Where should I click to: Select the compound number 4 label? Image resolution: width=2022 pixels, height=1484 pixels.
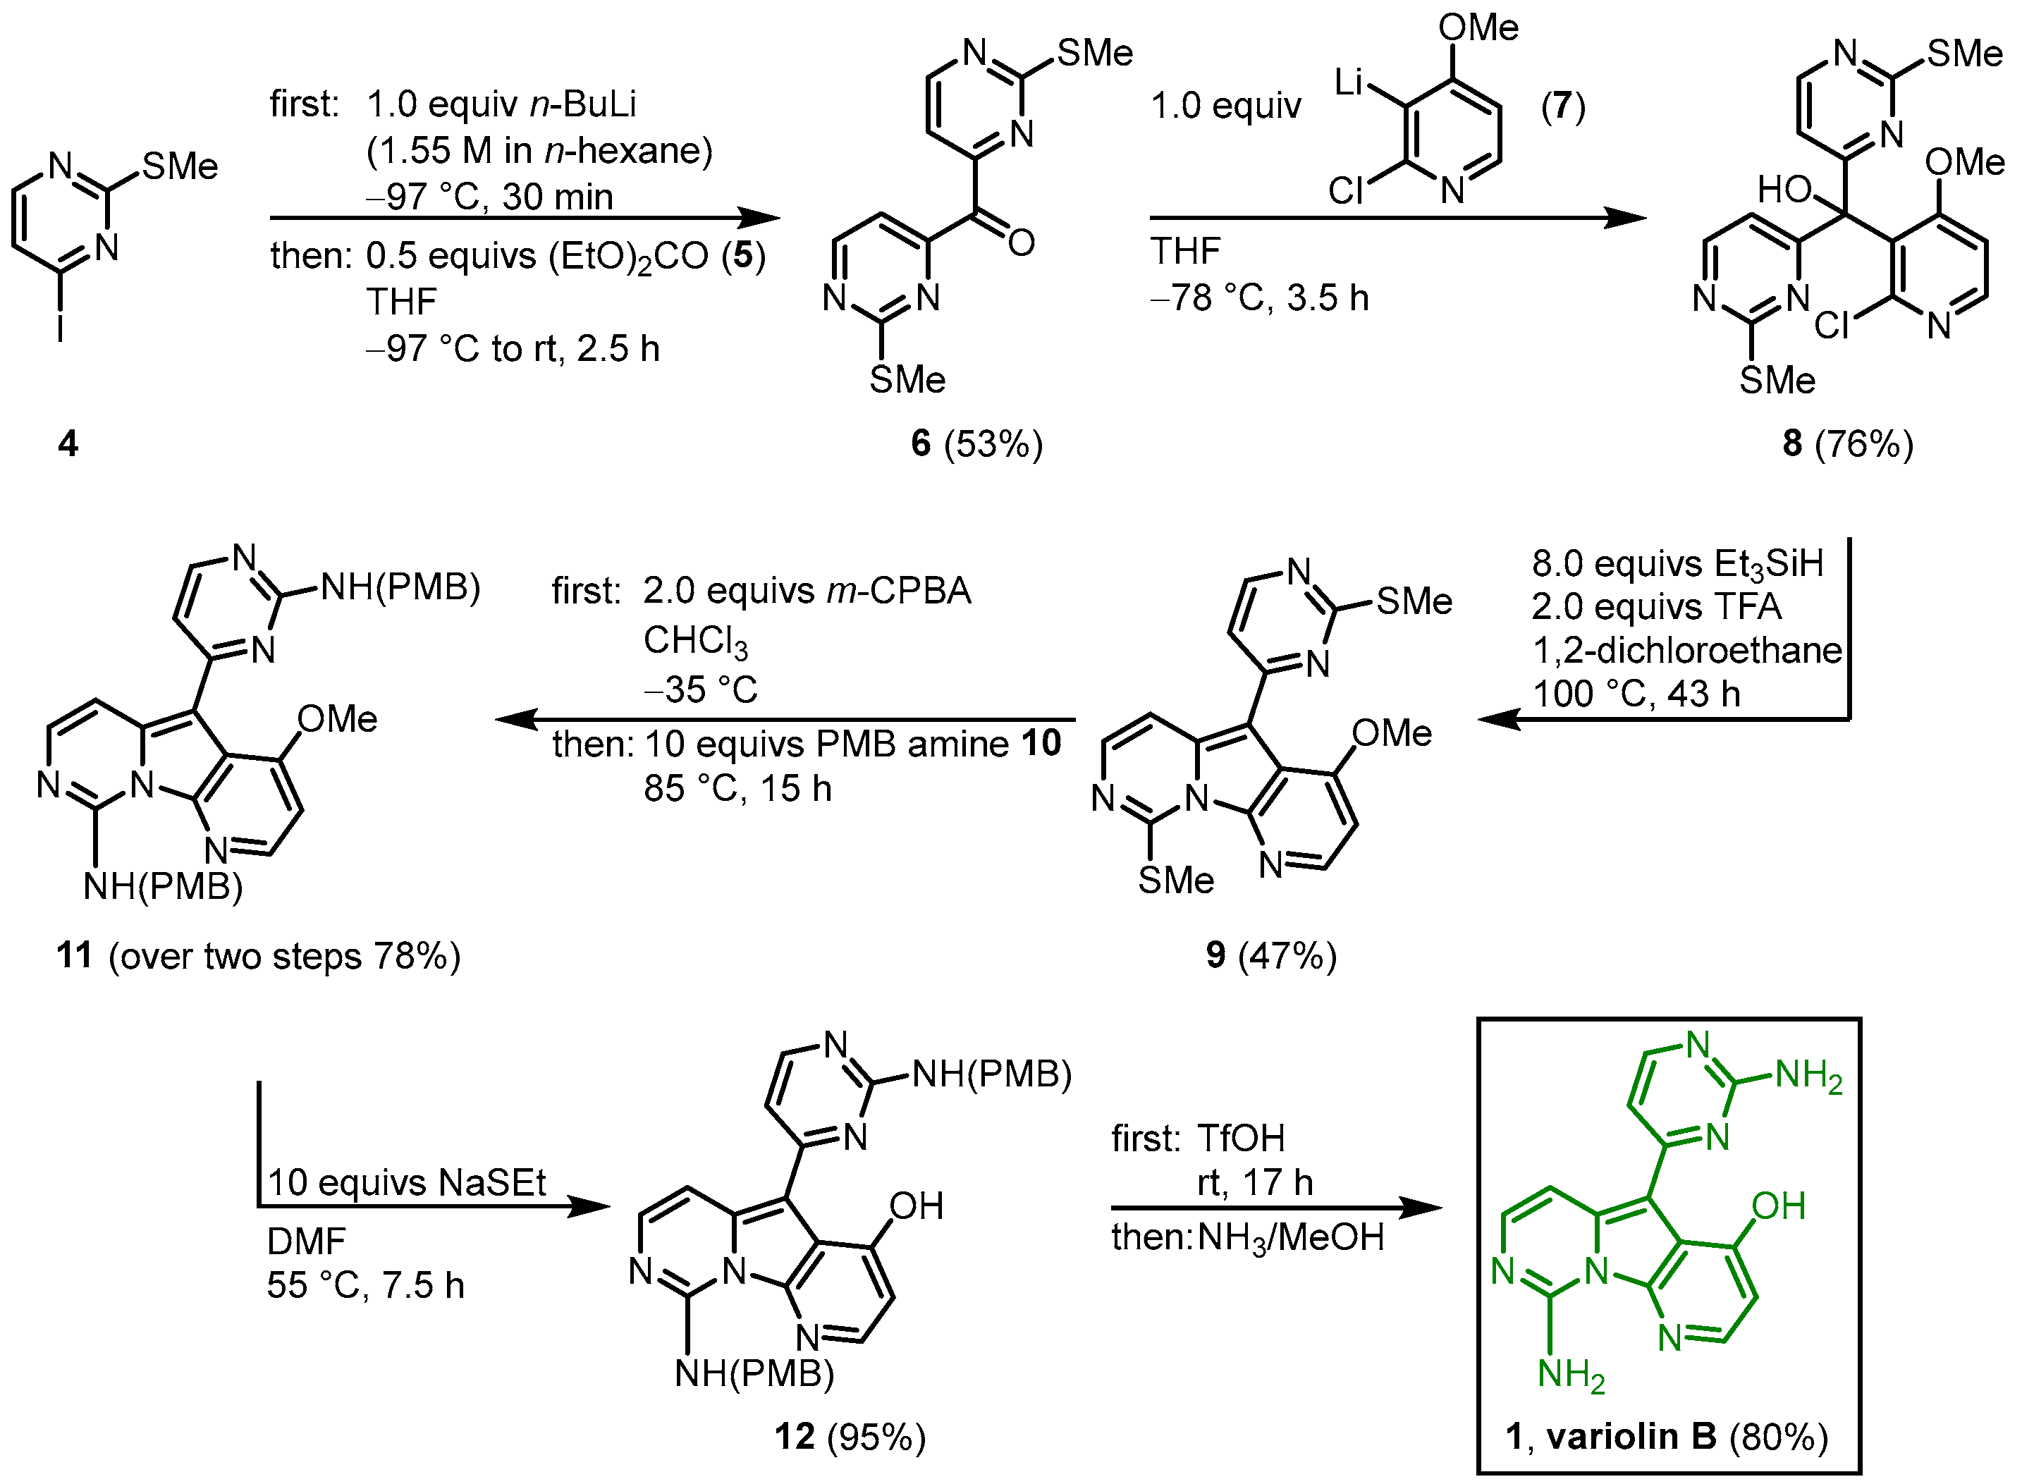(x=68, y=443)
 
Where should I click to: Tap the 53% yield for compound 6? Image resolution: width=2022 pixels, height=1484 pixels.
(x=993, y=443)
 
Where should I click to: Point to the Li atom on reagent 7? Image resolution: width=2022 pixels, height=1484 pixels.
(x=1349, y=82)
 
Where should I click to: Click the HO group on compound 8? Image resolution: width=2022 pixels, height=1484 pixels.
(x=1784, y=190)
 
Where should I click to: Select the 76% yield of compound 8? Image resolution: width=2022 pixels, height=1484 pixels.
(x=1864, y=443)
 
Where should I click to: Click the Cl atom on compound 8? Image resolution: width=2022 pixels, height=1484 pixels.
(x=1832, y=325)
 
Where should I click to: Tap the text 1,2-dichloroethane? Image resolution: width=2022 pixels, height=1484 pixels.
(x=1686, y=649)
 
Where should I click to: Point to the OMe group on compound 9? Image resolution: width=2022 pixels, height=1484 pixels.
(x=1392, y=733)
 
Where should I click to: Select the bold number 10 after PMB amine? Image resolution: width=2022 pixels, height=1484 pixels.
(x=1041, y=743)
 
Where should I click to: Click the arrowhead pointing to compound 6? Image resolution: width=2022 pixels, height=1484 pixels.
(x=760, y=217)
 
